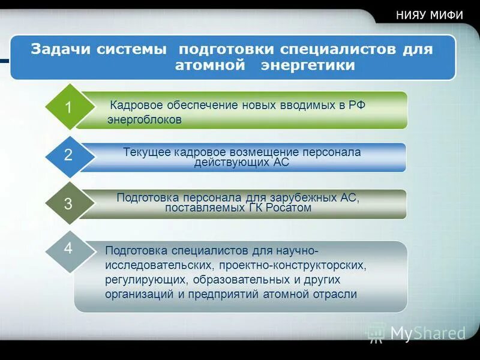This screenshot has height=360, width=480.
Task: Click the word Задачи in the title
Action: click(x=58, y=49)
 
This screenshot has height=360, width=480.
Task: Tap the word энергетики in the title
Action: click(x=308, y=65)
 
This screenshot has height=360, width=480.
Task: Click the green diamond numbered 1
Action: click(x=68, y=107)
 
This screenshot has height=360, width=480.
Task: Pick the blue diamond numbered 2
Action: click(x=68, y=155)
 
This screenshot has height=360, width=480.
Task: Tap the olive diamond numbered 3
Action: click(x=68, y=203)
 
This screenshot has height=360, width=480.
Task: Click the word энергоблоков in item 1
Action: click(x=144, y=119)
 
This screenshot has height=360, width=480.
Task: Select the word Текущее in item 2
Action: click(x=147, y=152)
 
